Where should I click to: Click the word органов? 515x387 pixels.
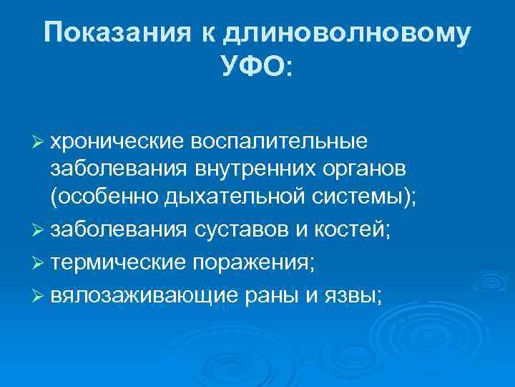pos(354,170)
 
